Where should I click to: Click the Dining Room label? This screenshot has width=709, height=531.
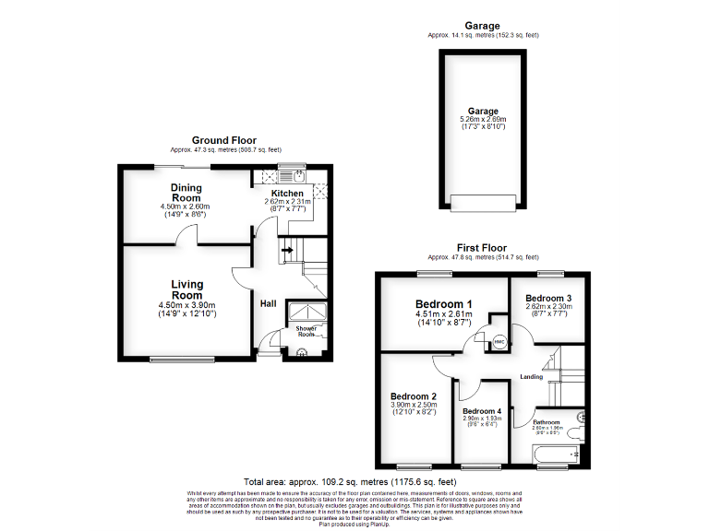point(186,192)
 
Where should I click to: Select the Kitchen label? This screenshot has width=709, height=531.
point(286,194)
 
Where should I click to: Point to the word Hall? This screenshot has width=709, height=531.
point(268,303)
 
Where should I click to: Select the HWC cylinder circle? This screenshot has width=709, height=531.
point(499,343)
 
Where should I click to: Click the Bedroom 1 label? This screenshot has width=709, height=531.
point(443,304)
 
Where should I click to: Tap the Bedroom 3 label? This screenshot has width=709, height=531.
point(548,298)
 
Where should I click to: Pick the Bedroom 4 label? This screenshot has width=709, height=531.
point(482,411)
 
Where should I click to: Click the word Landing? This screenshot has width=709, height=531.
point(531,376)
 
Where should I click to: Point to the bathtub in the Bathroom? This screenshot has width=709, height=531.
point(556,454)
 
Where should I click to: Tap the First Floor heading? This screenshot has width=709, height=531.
point(482,248)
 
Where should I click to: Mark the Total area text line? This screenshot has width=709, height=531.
point(349,481)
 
